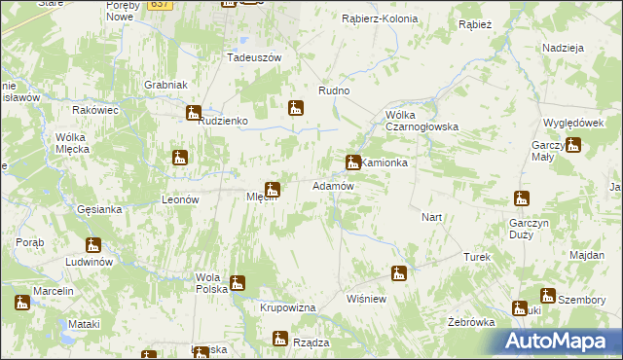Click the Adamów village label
point(332,185)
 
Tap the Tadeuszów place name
point(254,57)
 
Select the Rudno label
point(334,90)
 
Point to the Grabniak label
point(165,85)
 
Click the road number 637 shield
point(162,4)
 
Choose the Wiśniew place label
point(367,299)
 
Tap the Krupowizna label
point(288,307)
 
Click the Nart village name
point(432,216)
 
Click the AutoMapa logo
point(562,341)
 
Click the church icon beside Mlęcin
point(274,189)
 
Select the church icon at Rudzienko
point(194,113)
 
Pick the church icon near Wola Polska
point(237,284)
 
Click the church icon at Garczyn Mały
point(573,146)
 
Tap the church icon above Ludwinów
point(93,245)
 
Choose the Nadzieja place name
point(563,48)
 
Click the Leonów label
point(179,198)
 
